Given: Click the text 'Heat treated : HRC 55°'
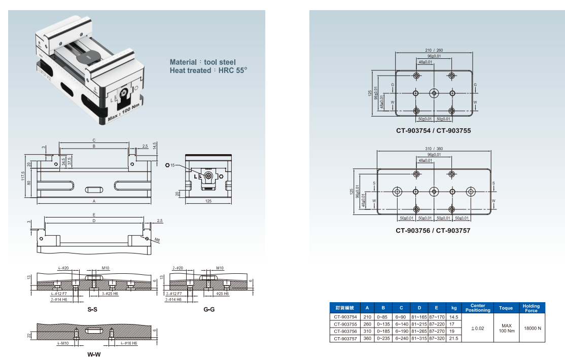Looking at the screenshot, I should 208,70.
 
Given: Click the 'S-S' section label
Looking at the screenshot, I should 92,309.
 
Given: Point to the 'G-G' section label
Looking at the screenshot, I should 208,309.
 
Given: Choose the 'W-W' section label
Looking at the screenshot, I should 94,354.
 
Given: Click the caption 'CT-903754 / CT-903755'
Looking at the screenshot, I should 433,131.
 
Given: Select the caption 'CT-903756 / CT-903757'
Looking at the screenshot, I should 433,231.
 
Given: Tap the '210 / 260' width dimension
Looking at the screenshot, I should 434,50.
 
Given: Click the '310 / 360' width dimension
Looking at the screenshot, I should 434,149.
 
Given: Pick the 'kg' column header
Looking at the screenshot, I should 453,308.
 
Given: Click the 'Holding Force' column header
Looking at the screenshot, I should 531,308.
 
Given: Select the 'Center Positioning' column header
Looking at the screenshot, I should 478,308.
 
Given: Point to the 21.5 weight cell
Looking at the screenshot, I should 453,338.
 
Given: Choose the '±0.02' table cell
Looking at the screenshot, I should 478,328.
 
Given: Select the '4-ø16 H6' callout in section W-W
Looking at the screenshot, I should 128,343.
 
